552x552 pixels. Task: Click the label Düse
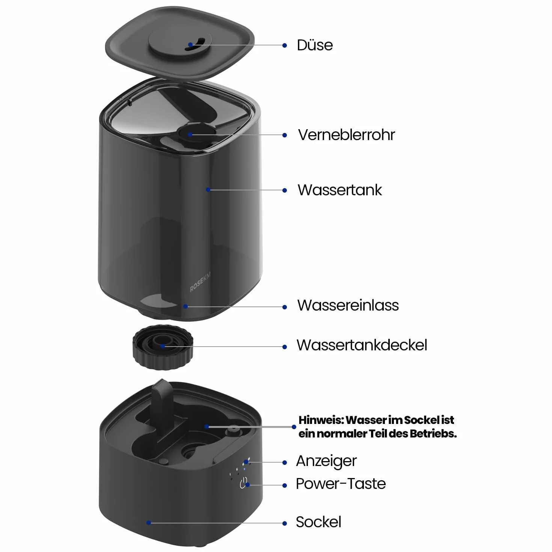point(315,45)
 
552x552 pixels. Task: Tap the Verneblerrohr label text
point(346,135)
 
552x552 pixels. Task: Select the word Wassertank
point(340,190)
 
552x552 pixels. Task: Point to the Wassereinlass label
point(348,305)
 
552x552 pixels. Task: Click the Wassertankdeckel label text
point(362,345)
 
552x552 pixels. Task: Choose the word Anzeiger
point(326,462)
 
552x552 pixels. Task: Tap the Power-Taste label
point(341,484)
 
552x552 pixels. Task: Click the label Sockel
point(318,522)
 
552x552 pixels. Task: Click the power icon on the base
point(244,483)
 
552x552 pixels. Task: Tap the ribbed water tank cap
point(163,347)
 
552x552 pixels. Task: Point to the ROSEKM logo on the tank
point(200,282)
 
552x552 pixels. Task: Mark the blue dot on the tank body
point(208,190)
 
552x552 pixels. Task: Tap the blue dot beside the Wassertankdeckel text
point(285,347)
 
